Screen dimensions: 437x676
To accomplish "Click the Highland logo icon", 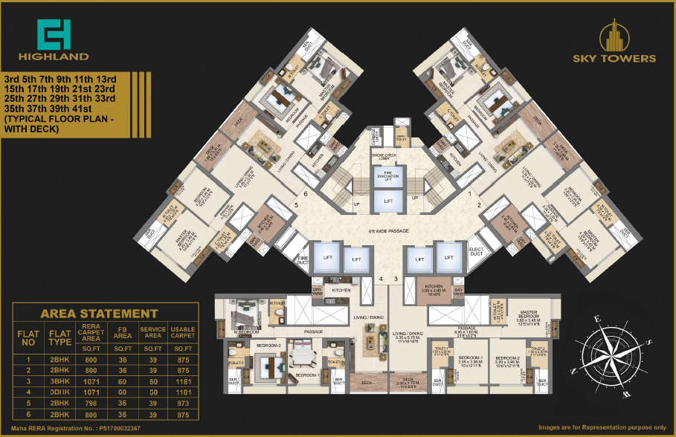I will tap(54, 33).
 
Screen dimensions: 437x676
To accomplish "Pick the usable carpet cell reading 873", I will tap(182, 404).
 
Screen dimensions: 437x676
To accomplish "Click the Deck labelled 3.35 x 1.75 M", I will tap(408, 384).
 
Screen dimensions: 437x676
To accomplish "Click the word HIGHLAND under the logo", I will tap(54, 56).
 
